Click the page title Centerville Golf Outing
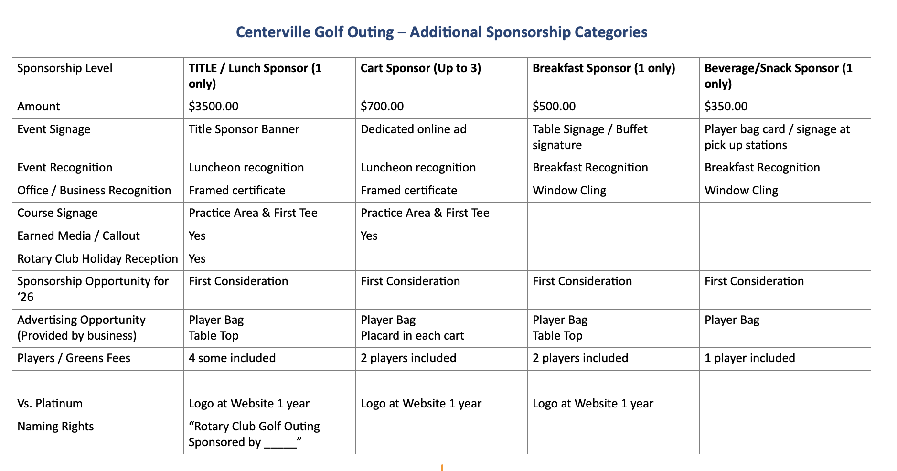pyautogui.click(x=441, y=32)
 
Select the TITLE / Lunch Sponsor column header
pyautogui.click(x=255, y=75)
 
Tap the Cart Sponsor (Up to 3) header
pyautogui.click(x=420, y=68)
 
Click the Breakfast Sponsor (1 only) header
pyautogui.click(x=603, y=68)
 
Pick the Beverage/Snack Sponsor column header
pyautogui.click(x=778, y=75)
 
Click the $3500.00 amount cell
pyautogui.click(x=214, y=106)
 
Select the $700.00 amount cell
pyautogui.click(x=382, y=106)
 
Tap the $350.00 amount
pyautogui.click(x=726, y=106)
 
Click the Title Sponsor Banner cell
pyautogui.click(x=244, y=129)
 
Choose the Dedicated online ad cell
pyautogui.click(x=413, y=129)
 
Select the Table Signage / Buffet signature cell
pyautogui.click(x=590, y=137)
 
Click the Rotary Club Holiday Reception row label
pyautogui.click(x=97, y=259)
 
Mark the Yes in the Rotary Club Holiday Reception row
pyautogui.click(x=197, y=259)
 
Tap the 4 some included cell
pyautogui.click(x=232, y=358)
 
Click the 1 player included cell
pyautogui.click(x=749, y=358)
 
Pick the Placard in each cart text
pyautogui.click(x=412, y=336)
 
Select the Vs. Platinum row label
pyautogui.click(x=50, y=404)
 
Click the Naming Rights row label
pyautogui.click(x=55, y=427)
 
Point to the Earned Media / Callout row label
pyautogui.click(x=78, y=236)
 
